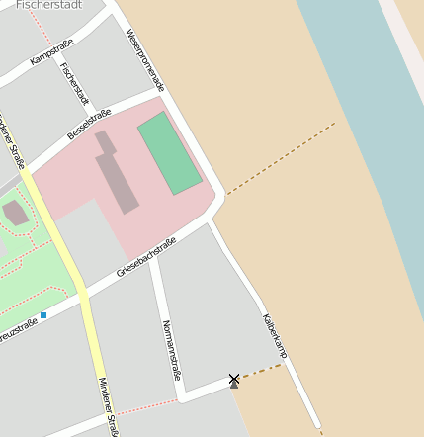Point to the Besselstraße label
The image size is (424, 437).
click(x=89, y=125)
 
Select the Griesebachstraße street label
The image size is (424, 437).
click(x=146, y=256)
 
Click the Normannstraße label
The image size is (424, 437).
click(x=171, y=350)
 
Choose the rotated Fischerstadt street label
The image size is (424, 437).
click(x=74, y=85)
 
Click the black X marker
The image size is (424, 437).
click(x=234, y=379)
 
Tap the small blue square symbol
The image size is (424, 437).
click(x=43, y=315)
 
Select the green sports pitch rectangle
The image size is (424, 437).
click(x=170, y=152)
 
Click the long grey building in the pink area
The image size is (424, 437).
click(x=117, y=173)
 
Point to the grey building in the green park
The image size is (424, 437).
click(x=15, y=213)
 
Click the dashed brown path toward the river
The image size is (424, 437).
click(x=282, y=158)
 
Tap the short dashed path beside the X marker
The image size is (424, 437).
click(x=262, y=371)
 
